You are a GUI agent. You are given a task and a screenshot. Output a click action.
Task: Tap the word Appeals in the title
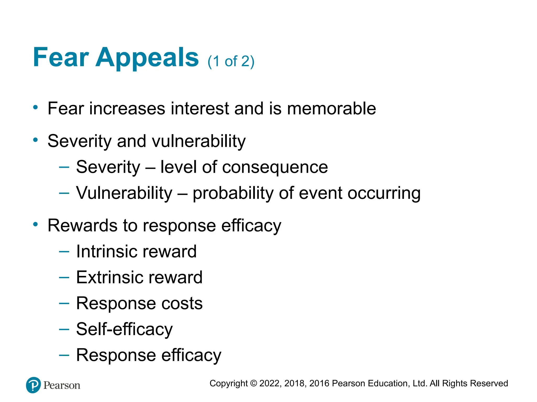click(x=147, y=58)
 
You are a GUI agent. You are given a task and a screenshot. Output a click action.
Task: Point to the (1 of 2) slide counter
click(x=231, y=62)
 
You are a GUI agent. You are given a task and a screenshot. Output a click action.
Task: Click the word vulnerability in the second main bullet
click(x=199, y=141)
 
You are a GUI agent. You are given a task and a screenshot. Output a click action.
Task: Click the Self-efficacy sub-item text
click(x=124, y=330)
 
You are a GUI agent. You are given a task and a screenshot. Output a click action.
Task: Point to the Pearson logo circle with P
click(x=34, y=385)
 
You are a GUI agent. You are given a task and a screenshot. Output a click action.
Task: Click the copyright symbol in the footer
click(x=253, y=383)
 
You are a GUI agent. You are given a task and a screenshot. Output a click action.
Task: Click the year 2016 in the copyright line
click(x=319, y=383)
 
